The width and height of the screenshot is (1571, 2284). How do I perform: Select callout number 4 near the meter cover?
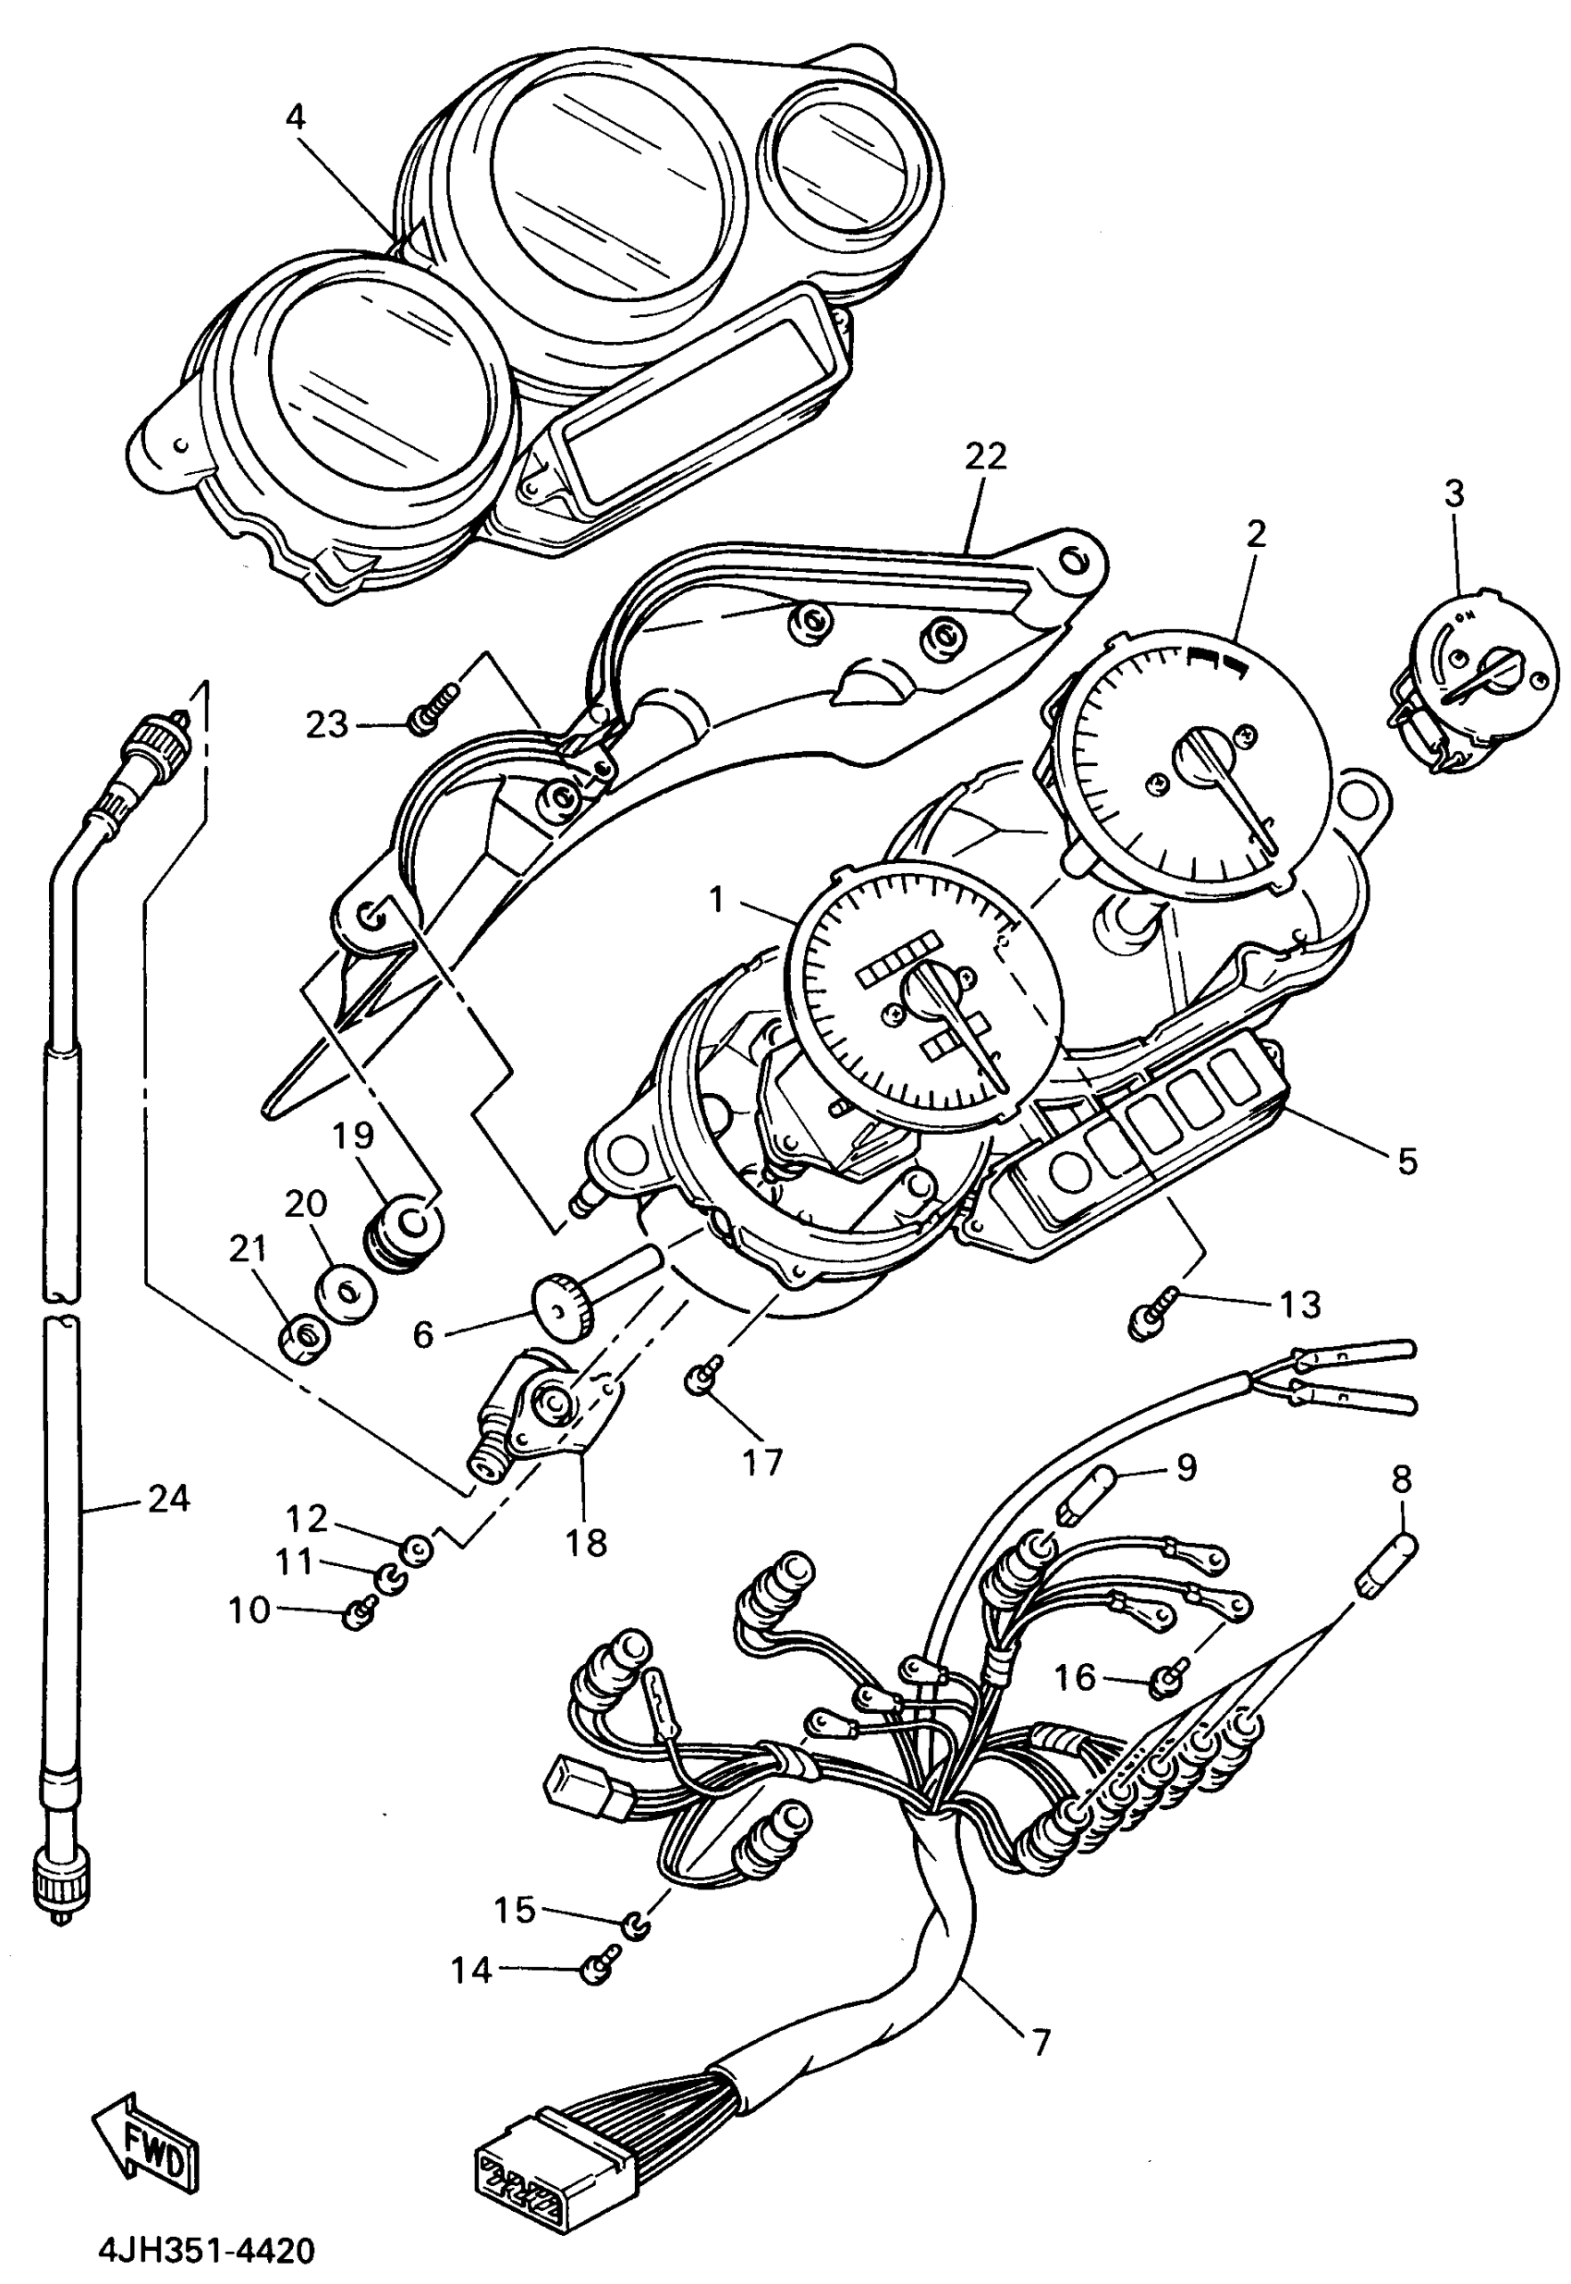pos(296,118)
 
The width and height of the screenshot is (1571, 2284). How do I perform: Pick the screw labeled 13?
pos(1151,1318)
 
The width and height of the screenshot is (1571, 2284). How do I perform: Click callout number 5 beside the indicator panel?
pos(1408,1161)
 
